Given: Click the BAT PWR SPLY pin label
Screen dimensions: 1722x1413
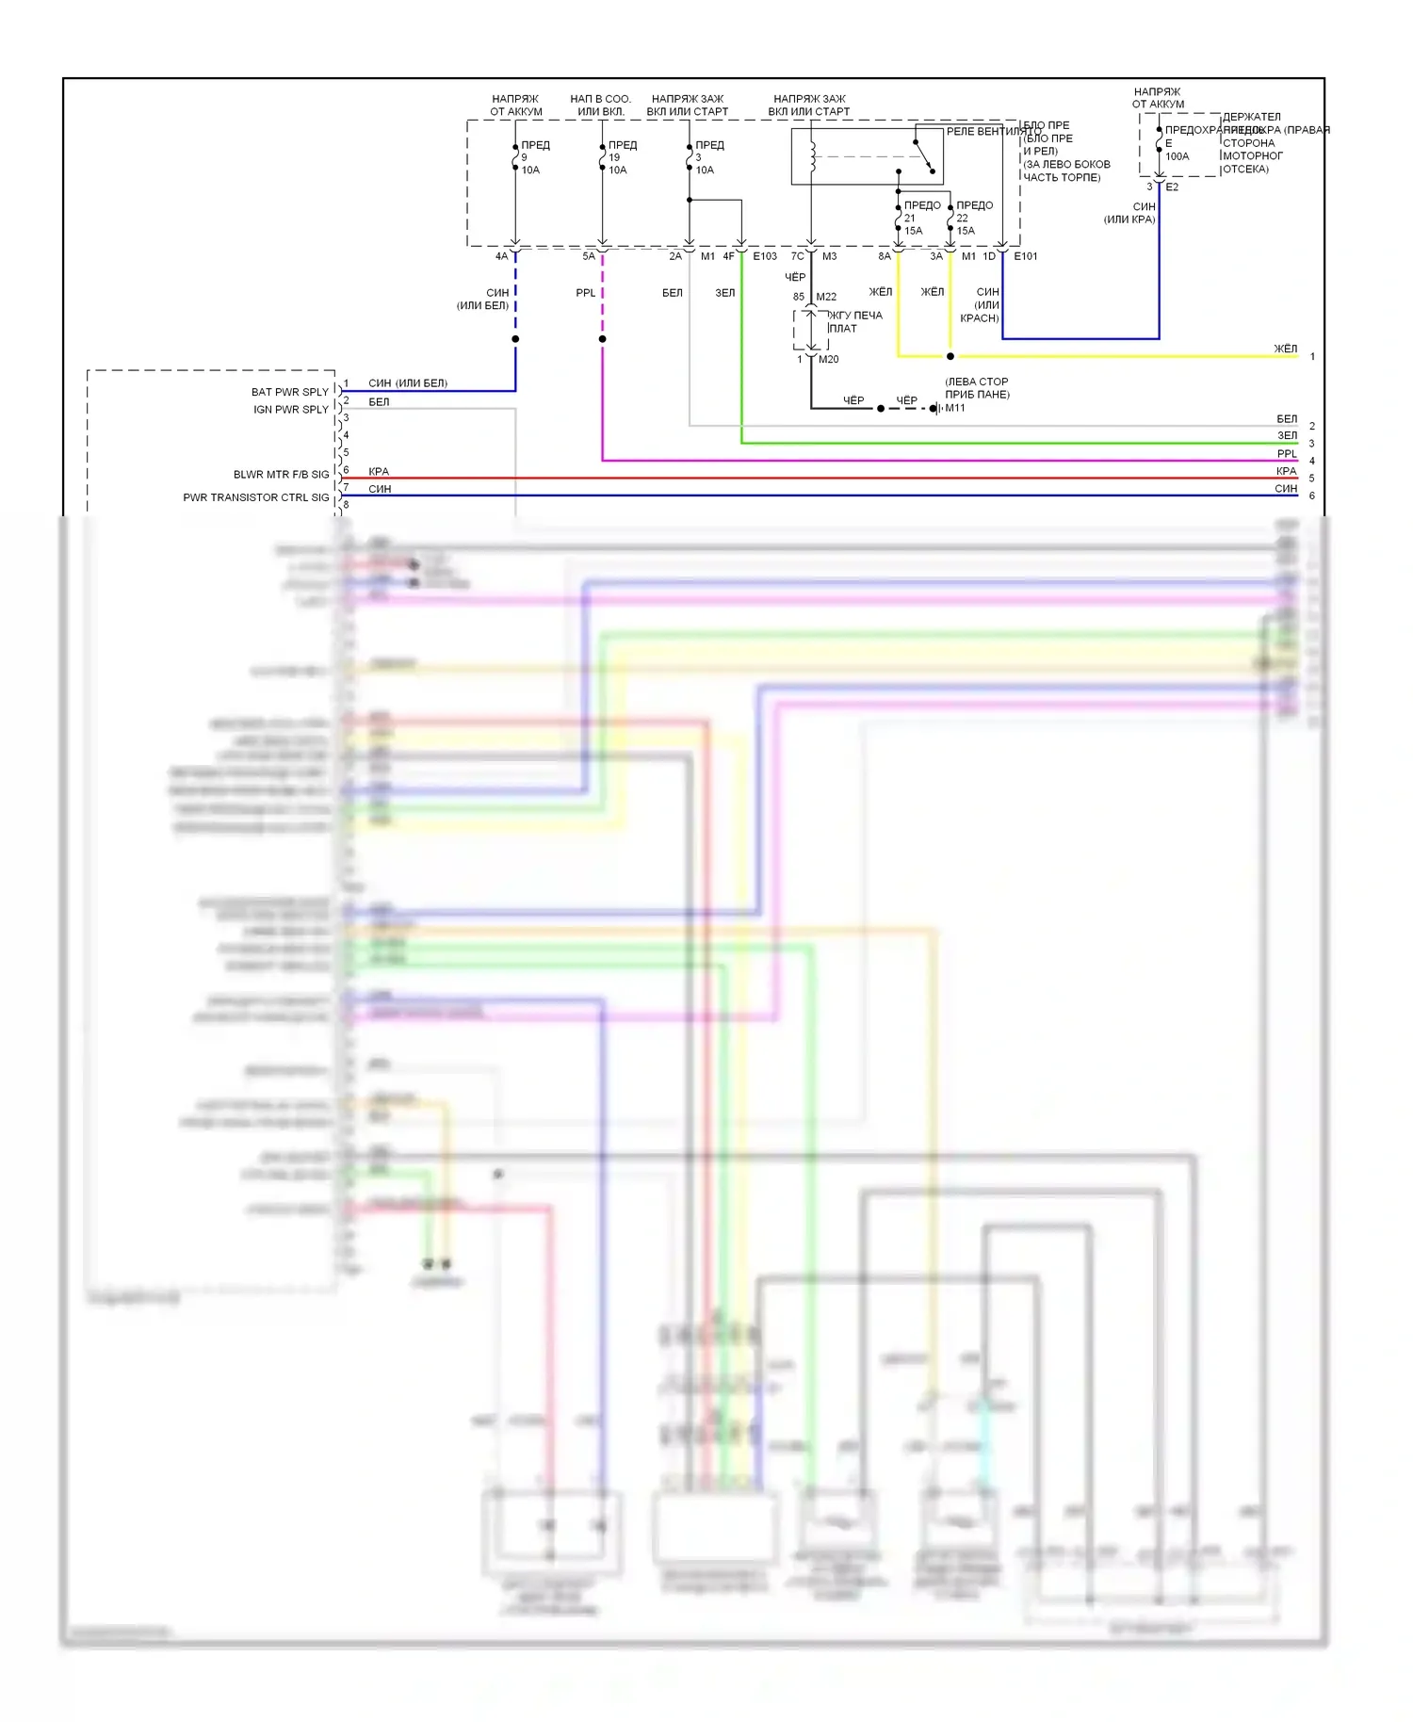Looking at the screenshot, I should tap(289, 392).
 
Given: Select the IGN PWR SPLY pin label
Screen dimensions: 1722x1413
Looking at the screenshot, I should tap(290, 410).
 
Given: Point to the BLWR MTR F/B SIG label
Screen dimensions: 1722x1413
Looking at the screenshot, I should tap(281, 475).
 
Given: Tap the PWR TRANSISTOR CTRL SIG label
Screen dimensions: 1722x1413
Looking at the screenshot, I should tap(256, 497).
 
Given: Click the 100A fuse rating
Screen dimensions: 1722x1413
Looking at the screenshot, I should tap(1177, 156).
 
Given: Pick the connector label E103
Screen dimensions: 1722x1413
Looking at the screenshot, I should tap(765, 256).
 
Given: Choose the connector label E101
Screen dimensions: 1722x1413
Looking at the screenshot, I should tap(1026, 256).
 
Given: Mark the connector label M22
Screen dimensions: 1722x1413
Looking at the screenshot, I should tap(826, 297).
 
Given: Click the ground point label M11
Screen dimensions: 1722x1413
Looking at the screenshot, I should tap(955, 408).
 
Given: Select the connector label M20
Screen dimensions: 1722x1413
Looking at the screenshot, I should tap(828, 359).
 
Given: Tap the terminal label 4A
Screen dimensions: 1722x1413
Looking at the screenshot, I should tap(501, 256).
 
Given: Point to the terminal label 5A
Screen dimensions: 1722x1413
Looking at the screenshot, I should tap(588, 256).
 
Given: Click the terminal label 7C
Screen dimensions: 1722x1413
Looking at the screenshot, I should tap(797, 256).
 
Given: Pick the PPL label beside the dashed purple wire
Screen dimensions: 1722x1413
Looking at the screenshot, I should tap(585, 293).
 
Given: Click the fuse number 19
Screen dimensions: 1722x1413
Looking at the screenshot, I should tap(614, 157).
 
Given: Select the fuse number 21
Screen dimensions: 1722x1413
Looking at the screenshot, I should tap(909, 218).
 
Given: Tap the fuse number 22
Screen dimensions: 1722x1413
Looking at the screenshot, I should tap(962, 218).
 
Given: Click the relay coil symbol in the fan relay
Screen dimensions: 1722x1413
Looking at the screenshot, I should tap(812, 156).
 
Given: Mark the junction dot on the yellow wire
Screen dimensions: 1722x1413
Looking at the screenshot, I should tap(950, 356).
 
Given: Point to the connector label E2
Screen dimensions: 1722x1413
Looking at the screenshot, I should tap(1172, 187).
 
